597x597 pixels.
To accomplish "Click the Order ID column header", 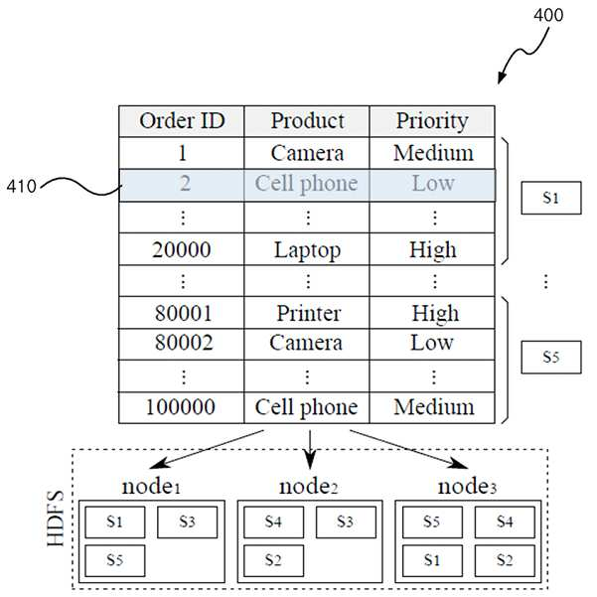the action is point(182,121).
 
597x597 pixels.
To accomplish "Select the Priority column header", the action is point(432,121).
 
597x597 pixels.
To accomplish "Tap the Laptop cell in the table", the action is point(307,249).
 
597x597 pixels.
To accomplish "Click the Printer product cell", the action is point(307,313).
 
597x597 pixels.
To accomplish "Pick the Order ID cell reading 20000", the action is point(182,249).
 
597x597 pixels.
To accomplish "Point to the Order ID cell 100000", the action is point(182,407).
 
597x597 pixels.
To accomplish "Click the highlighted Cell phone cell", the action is point(307,185).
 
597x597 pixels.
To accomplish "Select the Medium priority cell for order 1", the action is point(432,153).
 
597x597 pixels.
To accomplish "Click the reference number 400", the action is point(548,15).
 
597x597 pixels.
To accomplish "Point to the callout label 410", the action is point(21,187).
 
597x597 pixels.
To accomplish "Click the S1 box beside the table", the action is point(551,198).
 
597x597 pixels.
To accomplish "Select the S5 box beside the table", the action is point(551,358).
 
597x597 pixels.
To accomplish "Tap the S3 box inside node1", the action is point(188,522).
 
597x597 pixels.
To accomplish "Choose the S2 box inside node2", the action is point(274,561).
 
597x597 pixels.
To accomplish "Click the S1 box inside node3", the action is point(432,561).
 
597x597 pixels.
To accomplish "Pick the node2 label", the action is point(308,487).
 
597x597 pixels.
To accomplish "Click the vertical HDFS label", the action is point(56,519).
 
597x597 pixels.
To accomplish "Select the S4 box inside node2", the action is point(274,522).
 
